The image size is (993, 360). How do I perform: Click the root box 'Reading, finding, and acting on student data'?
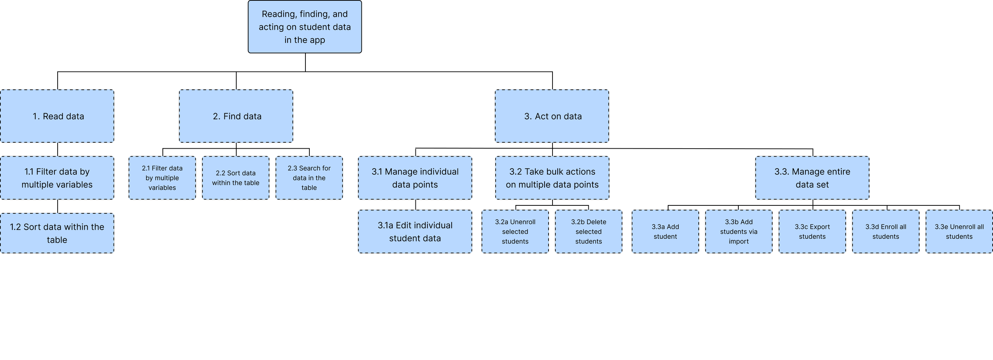tap(305, 27)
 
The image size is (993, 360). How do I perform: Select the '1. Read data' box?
tap(57, 116)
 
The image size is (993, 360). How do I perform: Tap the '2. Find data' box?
tap(236, 116)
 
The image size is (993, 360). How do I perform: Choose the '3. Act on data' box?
tap(552, 116)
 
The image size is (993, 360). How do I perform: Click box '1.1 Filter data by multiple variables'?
tap(57, 178)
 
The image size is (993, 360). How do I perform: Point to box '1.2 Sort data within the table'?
tap(57, 233)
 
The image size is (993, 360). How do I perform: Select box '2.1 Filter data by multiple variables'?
tap(162, 178)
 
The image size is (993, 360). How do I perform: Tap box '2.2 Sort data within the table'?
tap(236, 178)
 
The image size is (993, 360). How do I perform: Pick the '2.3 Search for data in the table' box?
tap(309, 178)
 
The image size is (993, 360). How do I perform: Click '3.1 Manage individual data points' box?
tap(415, 178)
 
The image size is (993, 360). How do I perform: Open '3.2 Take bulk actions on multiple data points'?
tap(552, 178)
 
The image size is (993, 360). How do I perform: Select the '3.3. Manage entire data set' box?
tap(812, 178)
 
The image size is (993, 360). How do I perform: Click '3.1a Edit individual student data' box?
tap(415, 232)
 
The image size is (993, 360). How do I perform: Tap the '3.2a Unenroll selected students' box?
tap(515, 232)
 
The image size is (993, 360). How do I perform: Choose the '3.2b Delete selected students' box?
tap(589, 232)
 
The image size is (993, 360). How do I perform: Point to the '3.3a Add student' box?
tap(665, 232)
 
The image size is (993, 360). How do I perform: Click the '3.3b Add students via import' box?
tap(739, 232)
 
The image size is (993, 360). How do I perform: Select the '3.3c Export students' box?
tap(812, 232)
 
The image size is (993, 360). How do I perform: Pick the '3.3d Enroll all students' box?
tap(886, 232)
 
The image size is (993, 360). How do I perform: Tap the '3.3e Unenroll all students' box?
tap(959, 232)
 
